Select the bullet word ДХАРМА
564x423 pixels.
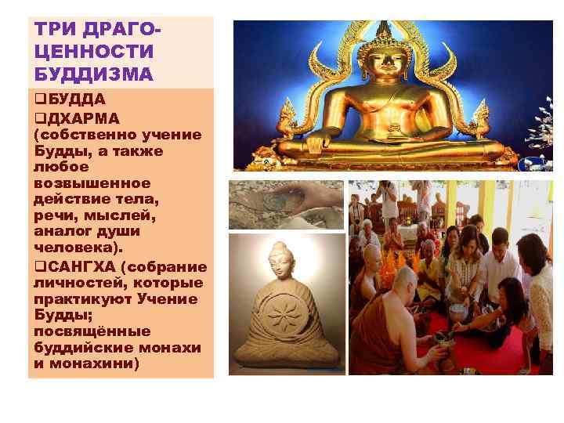(81, 118)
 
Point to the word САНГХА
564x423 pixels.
(81, 266)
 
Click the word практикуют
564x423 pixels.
(85, 298)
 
